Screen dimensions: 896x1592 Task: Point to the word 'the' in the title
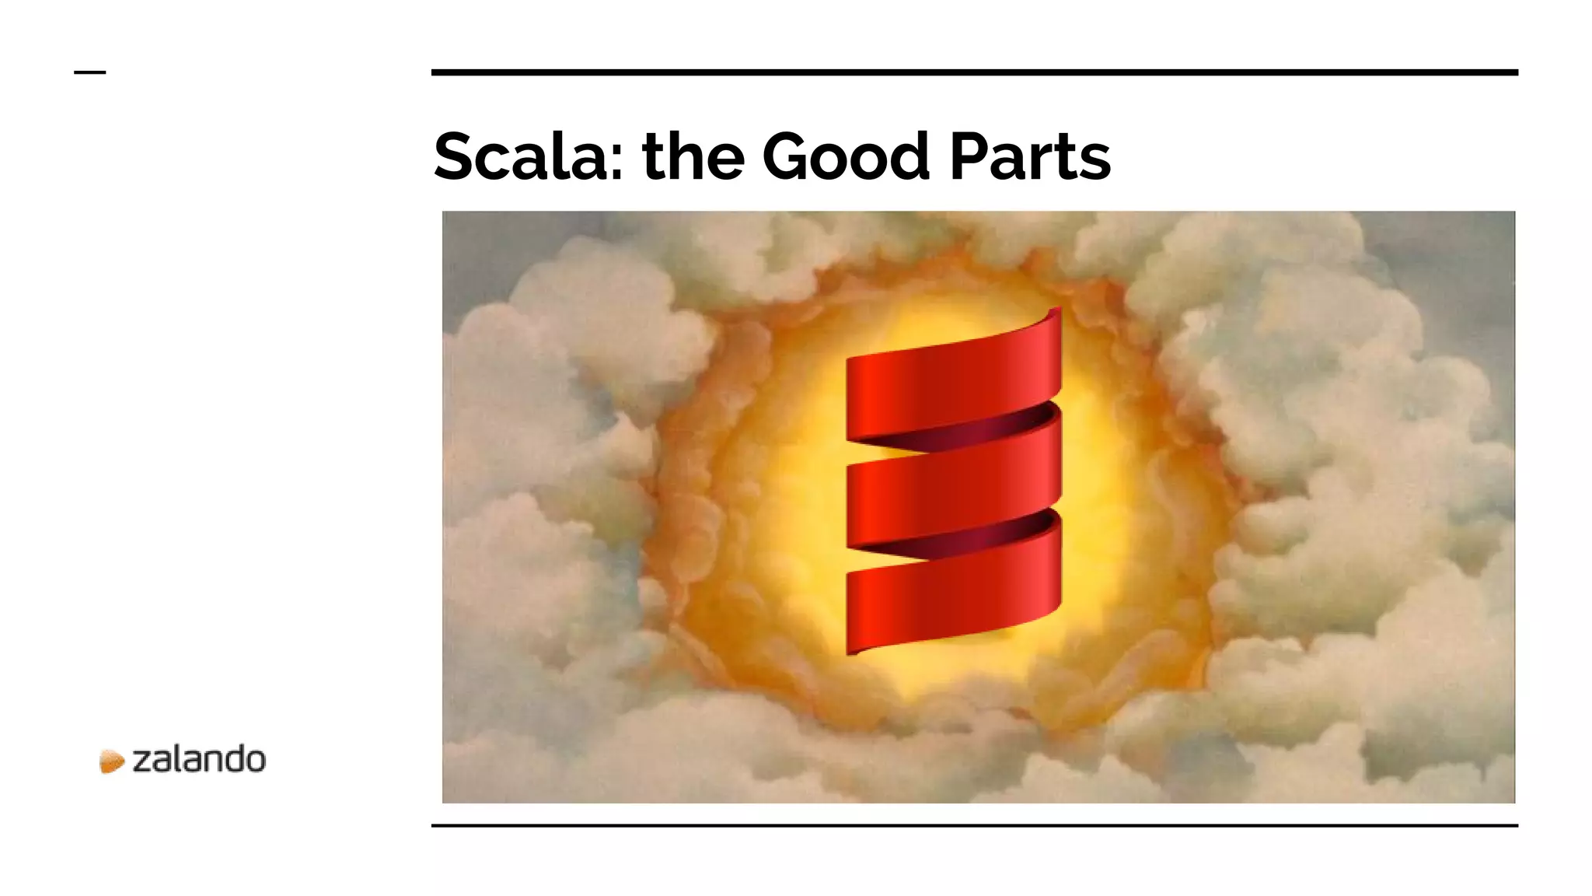click(693, 157)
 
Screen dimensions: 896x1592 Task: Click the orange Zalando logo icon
click(112, 761)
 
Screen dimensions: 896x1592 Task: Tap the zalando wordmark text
click(199, 759)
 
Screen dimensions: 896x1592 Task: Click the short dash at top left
click(89, 72)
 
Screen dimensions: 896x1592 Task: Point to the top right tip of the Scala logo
click(1056, 311)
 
